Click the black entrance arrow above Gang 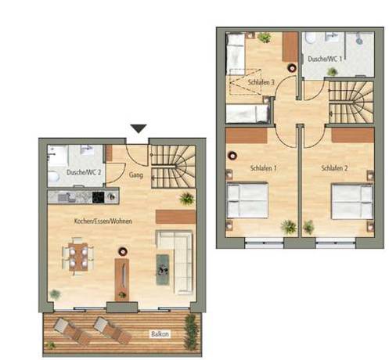(x=139, y=128)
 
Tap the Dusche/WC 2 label (x=84, y=171)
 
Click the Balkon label (x=160, y=333)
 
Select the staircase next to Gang (x=171, y=164)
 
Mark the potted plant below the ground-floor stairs (x=186, y=198)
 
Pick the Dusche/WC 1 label (x=322, y=59)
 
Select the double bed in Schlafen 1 (x=247, y=200)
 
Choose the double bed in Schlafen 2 (x=351, y=201)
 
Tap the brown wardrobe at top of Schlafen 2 (x=352, y=135)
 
